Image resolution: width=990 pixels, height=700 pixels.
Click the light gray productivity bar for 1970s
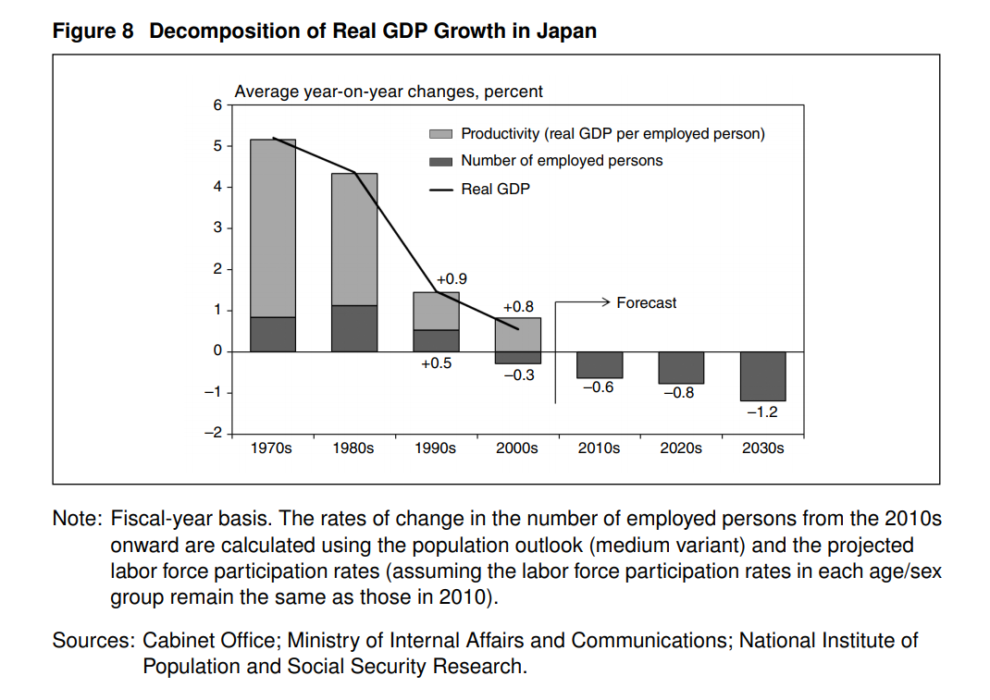[x=273, y=227]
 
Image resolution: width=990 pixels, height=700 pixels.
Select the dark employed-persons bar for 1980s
[x=354, y=328]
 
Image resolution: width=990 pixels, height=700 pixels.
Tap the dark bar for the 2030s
[x=763, y=375]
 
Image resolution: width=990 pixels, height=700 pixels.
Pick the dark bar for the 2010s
[x=600, y=364]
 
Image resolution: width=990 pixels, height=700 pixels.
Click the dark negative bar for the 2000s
[x=518, y=357]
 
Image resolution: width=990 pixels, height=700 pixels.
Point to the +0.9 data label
[x=452, y=278]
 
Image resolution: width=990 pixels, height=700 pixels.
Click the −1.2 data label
[x=762, y=412]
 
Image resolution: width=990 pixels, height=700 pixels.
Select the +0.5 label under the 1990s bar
[x=436, y=363]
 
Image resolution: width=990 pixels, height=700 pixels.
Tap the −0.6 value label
[x=599, y=387]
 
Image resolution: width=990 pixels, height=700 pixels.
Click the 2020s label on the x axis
[x=681, y=448]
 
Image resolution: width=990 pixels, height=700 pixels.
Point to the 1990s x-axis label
[x=436, y=448]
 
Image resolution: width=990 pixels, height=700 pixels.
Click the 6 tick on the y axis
[x=217, y=105]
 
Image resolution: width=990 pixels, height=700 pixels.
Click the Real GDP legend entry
[x=495, y=189]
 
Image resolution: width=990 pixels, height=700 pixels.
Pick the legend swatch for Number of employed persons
[x=441, y=162]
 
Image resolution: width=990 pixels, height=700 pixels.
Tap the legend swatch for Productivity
[x=441, y=134]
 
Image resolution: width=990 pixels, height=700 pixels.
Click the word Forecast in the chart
[x=646, y=302]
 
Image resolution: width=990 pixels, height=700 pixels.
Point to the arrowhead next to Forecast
[x=606, y=301]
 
